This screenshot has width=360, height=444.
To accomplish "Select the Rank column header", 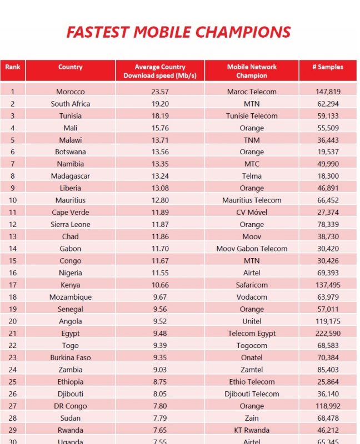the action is (x=12, y=67).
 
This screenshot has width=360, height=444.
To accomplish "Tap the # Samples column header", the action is (x=328, y=67).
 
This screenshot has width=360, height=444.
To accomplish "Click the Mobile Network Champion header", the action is (x=252, y=71).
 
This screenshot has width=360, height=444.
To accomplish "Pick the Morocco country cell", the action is (x=71, y=92).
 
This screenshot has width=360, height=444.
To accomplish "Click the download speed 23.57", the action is (x=160, y=92).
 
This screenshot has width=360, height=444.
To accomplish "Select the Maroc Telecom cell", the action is (x=252, y=92).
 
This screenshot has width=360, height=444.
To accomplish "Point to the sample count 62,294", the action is (x=328, y=104).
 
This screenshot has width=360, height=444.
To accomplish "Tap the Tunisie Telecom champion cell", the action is (x=252, y=116).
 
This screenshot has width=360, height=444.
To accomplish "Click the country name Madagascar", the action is (x=71, y=176).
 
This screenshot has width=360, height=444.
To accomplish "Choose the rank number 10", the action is (x=13, y=200).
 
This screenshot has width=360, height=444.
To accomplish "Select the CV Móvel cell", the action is (x=252, y=213).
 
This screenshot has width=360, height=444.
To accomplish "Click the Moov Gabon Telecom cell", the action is (x=252, y=249).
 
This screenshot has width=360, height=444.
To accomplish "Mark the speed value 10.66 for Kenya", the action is (x=160, y=285).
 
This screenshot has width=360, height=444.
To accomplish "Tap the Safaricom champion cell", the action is (x=252, y=285).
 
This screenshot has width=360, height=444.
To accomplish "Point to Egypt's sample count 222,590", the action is (x=328, y=334).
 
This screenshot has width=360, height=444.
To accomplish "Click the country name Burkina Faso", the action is (x=71, y=357).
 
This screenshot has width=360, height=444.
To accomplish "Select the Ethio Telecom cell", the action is (x=252, y=382).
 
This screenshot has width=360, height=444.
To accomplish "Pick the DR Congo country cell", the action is (x=71, y=406).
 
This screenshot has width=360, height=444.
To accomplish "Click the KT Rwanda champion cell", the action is (x=252, y=430).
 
